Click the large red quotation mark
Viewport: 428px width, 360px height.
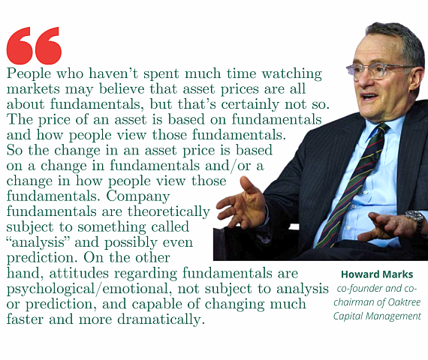34,46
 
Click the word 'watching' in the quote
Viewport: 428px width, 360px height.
292,74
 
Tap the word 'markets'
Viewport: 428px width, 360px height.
33,89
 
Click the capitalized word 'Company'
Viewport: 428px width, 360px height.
138,196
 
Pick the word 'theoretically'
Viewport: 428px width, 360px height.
169,212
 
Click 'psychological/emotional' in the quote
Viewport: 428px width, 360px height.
89,289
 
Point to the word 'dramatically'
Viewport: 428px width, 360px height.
161,319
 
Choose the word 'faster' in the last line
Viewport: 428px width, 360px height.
25,319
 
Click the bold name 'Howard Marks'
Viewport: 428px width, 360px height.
377,274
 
